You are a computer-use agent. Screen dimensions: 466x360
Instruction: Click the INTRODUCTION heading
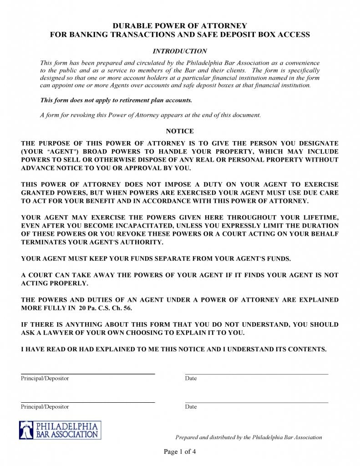click(180, 51)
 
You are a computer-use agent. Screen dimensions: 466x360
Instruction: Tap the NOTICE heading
click(180, 131)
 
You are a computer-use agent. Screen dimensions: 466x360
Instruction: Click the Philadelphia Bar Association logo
click(60, 430)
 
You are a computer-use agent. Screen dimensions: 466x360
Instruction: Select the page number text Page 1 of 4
click(180, 452)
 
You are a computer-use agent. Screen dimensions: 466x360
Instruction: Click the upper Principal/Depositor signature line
click(88, 374)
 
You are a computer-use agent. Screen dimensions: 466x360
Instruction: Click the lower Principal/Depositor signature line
click(88, 402)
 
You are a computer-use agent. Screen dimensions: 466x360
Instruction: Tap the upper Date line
click(256, 374)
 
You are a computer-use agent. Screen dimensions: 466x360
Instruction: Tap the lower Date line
click(256, 402)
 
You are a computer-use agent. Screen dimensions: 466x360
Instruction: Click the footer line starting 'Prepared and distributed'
click(248, 437)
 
